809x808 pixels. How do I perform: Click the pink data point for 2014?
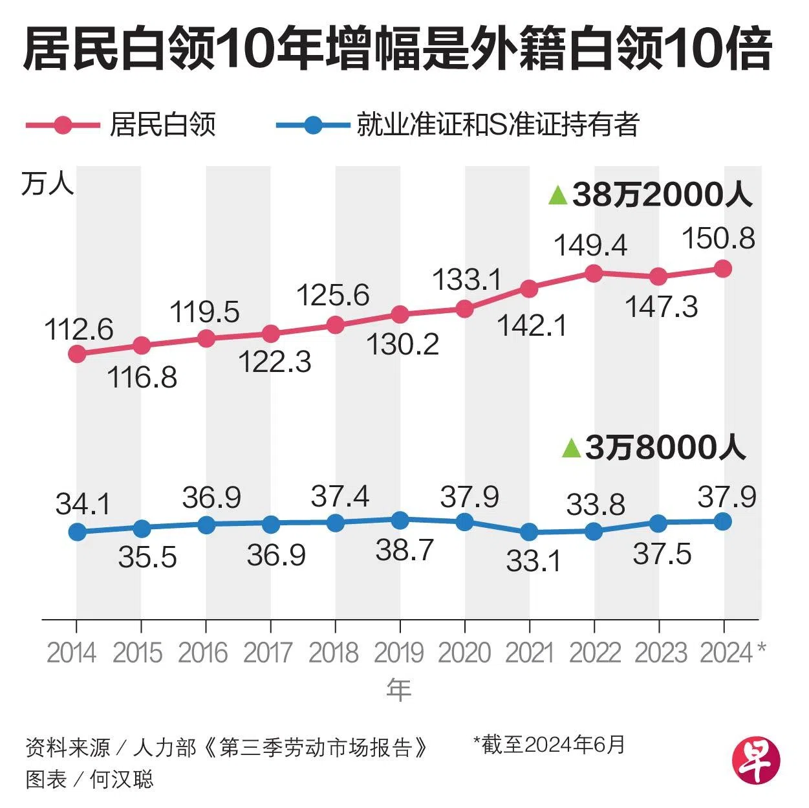77,354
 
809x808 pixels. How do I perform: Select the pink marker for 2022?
594,273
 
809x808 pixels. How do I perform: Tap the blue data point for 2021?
529,532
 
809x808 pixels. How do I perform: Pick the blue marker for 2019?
400,519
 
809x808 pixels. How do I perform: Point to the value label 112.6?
79,329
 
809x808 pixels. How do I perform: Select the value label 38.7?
405,551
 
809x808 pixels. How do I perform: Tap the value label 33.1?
534,560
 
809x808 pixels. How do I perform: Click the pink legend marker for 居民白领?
63,125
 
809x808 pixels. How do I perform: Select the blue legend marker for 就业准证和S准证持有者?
313,125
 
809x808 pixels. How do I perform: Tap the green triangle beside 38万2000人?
557,195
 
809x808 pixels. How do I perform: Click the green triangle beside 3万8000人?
571,448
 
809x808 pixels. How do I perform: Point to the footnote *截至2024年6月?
549,744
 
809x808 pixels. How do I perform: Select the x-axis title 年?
399,691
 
